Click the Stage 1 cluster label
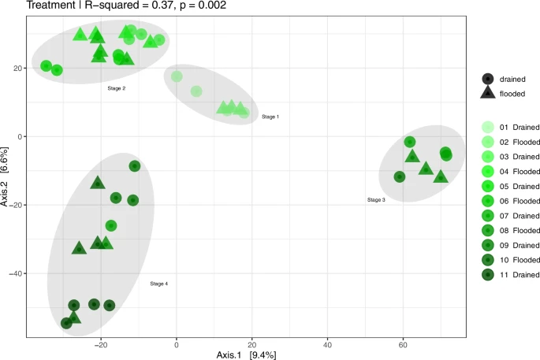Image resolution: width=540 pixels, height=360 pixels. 270,117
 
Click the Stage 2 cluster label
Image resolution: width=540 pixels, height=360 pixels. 117,88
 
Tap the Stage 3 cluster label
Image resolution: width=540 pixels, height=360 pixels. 376,200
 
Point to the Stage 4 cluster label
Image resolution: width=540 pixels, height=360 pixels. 158,284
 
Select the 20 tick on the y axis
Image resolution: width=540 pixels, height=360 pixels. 18,69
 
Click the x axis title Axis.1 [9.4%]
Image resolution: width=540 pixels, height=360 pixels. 246,354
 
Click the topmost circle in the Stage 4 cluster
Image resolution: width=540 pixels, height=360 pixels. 135,166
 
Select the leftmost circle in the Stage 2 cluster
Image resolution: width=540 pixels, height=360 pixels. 47,66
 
